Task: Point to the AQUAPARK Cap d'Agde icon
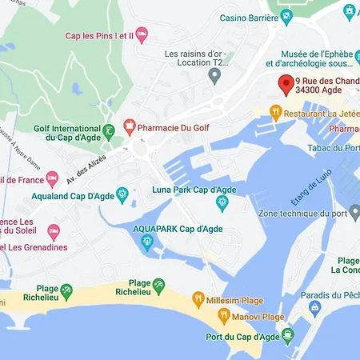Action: click(146, 242)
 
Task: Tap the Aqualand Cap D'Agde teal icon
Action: click(122, 194)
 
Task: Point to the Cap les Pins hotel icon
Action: click(142, 34)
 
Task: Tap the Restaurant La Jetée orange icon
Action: click(276, 114)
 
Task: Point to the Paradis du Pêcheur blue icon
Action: click(315, 307)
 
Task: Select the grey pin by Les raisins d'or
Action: click(214, 75)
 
